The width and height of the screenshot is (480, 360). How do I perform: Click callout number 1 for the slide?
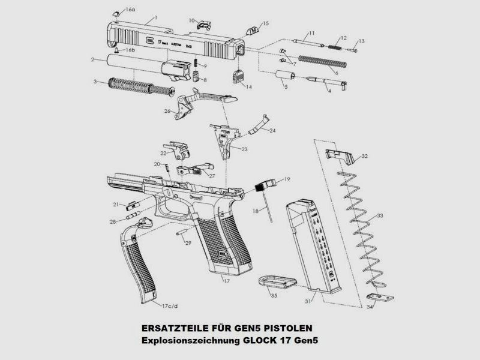pos(156,18)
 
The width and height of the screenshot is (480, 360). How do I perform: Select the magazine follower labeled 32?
pos(339,155)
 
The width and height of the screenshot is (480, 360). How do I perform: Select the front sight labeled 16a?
pos(116,11)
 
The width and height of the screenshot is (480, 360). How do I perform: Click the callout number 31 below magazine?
pos(308,301)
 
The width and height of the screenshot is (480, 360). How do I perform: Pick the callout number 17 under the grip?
pos(226,280)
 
